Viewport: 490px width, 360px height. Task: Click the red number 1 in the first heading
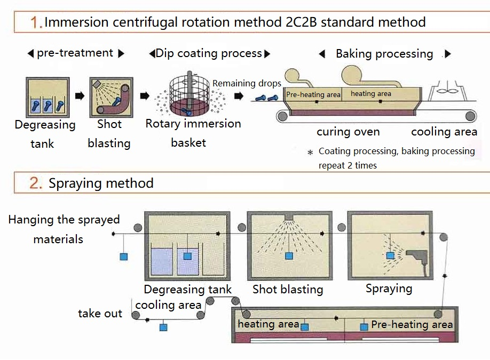pos(36,22)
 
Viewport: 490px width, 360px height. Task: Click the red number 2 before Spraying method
pos(36,183)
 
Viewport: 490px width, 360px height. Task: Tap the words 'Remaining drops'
pos(247,84)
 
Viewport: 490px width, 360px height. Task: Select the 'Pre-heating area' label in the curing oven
pos(313,94)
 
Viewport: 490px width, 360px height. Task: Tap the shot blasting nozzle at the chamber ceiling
pos(289,217)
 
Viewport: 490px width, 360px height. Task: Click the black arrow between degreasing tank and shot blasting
pos(80,96)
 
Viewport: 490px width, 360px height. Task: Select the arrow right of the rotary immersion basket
pos(239,97)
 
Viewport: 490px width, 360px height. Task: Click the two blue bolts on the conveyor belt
pos(265,97)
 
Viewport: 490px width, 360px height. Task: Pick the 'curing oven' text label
pos(348,132)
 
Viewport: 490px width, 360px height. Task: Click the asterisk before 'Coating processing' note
pos(310,153)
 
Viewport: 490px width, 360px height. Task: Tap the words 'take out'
pos(100,313)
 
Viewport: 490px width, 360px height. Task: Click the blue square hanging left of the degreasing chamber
pos(124,257)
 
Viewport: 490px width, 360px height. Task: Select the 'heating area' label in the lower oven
pos(268,324)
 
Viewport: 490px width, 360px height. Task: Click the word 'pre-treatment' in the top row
pos(75,53)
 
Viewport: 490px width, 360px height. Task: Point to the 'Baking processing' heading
pos(384,54)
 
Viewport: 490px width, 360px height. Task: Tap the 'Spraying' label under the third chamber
pos(389,289)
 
